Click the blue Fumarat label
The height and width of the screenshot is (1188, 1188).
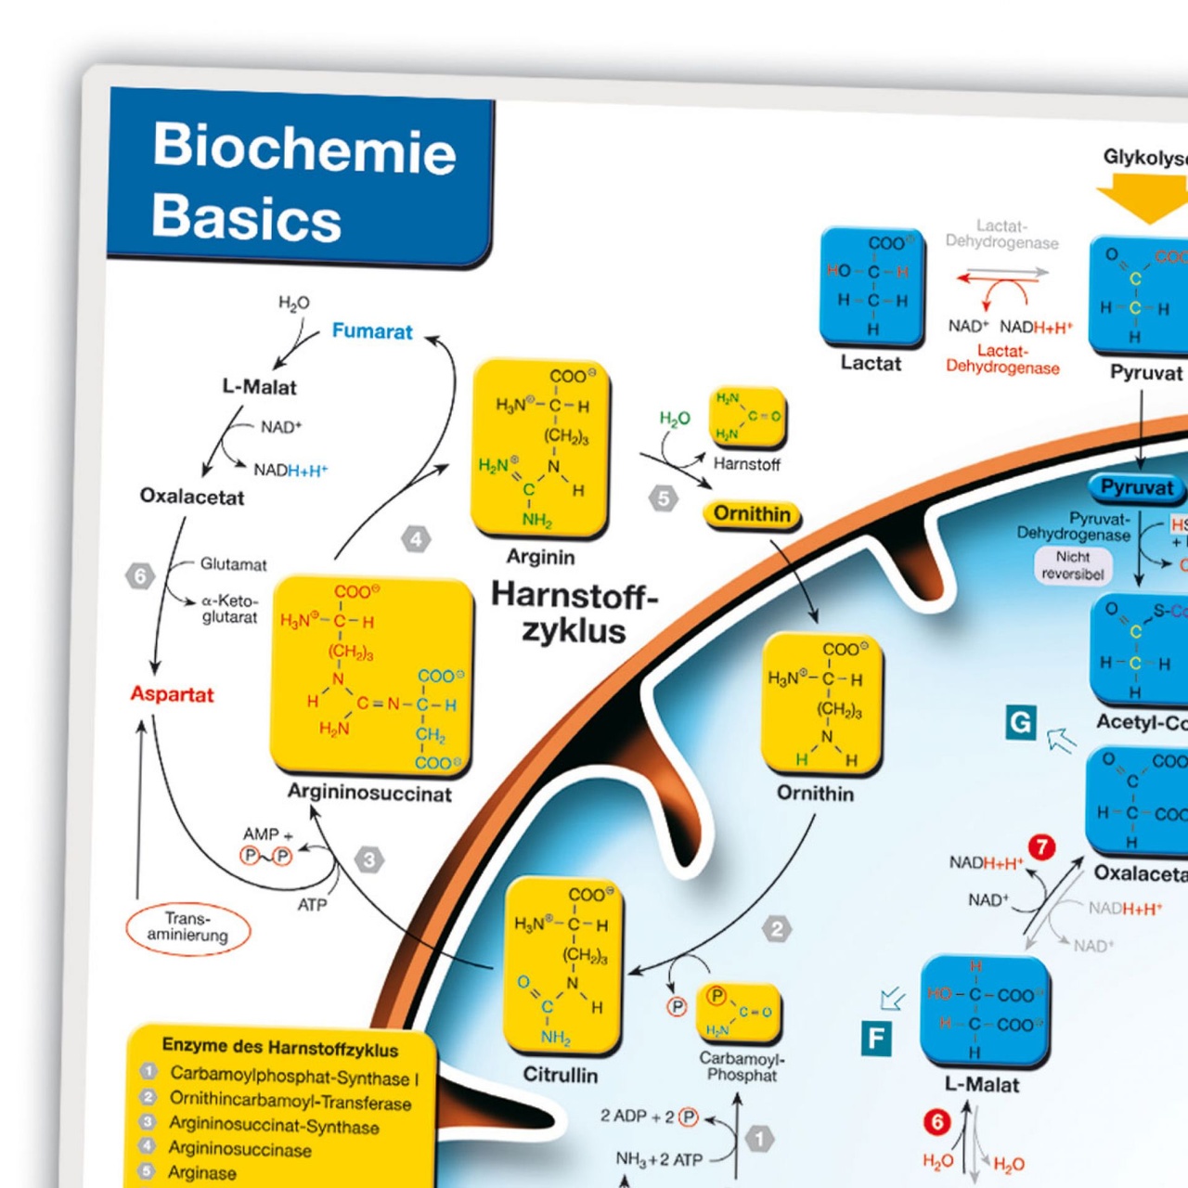[372, 331]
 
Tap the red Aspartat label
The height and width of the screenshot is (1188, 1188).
[172, 694]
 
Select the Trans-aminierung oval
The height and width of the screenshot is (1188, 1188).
[188, 927]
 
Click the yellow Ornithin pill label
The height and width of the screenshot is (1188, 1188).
[752, 514]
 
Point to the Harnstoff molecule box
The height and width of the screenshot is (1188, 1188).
[747, 417]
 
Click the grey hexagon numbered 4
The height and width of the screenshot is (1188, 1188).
[416, 539]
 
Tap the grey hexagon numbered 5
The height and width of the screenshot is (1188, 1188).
[663, 498]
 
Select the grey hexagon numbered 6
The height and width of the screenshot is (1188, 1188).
[140, 576]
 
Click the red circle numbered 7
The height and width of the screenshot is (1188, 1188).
[1041, 846]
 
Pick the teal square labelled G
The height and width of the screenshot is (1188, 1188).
[1020, 722]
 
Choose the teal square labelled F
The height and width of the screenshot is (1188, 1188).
[876, 1039]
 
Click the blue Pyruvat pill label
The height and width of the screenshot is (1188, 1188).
[1137, 487]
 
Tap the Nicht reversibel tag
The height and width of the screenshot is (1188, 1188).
[1073, 565]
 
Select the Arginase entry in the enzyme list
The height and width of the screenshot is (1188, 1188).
[201, 1172]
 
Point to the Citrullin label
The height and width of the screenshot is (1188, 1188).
[561, 1075]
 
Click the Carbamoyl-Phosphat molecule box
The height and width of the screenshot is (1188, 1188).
[739, 1014]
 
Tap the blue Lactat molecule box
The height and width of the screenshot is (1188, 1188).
[872, 286]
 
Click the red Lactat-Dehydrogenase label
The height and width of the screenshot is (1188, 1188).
[1002, 359]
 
